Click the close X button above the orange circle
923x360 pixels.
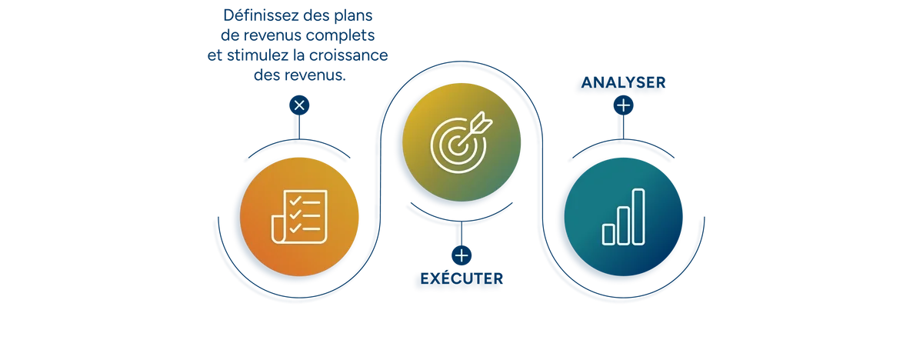pos(299,105)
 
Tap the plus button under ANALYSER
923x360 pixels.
pos(623,105)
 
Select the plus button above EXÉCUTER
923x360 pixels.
pos(461,255)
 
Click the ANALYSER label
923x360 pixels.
pos(623,82)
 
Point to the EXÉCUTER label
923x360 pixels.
pos(461,278)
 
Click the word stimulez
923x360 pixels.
pos(258,55)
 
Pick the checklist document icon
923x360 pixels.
pos(299,217)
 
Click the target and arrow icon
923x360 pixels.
pos(461,142)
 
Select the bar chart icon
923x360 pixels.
pos(623,217)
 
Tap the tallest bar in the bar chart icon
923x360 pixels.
pos(638,217)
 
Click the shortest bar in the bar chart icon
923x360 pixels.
pos(608,235)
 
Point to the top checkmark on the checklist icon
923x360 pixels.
pos(295,201)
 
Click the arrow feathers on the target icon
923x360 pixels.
pos(482,122)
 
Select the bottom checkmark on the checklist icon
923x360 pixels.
pos(295,228)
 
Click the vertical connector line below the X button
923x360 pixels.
pos(299,127)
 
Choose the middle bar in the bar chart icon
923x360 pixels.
pos(623,225)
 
